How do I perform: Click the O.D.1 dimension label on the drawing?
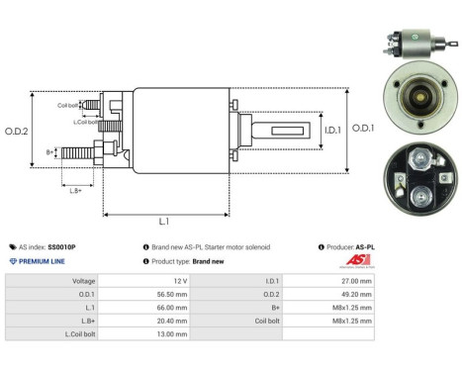pos(363,126)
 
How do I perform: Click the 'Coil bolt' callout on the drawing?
pos(67,104)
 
